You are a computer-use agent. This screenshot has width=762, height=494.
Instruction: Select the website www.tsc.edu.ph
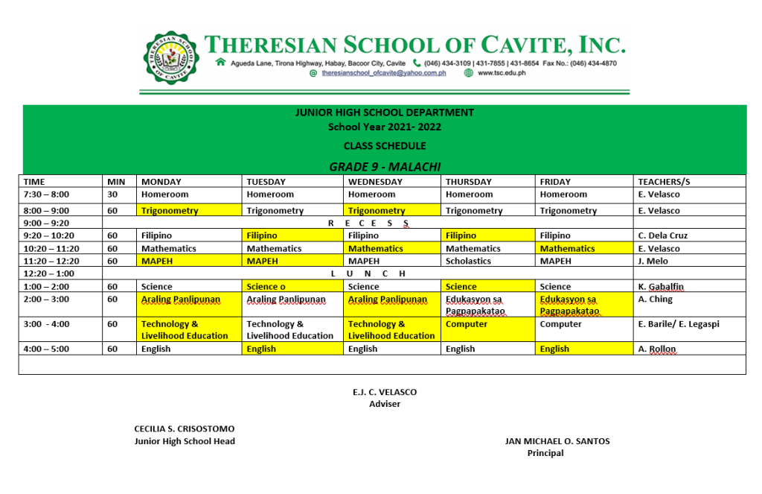pos(501,73)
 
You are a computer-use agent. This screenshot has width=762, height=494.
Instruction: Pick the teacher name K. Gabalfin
pos(661,287)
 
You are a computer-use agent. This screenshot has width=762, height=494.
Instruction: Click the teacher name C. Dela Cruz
pos(663,235)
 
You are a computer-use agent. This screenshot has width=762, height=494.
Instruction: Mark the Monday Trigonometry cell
pos(170,211)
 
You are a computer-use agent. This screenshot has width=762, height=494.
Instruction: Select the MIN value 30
pos(113,194)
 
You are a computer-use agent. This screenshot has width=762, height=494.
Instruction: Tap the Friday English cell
pos(554,349)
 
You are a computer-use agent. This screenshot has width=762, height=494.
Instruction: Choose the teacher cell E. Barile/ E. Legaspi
pos(679,324)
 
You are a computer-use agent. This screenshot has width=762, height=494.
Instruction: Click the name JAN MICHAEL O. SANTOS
pos(557,441)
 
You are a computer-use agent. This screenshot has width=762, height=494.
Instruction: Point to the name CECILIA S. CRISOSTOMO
pos(184,429)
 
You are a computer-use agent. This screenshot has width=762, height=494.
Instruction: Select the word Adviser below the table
pos(385,404)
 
